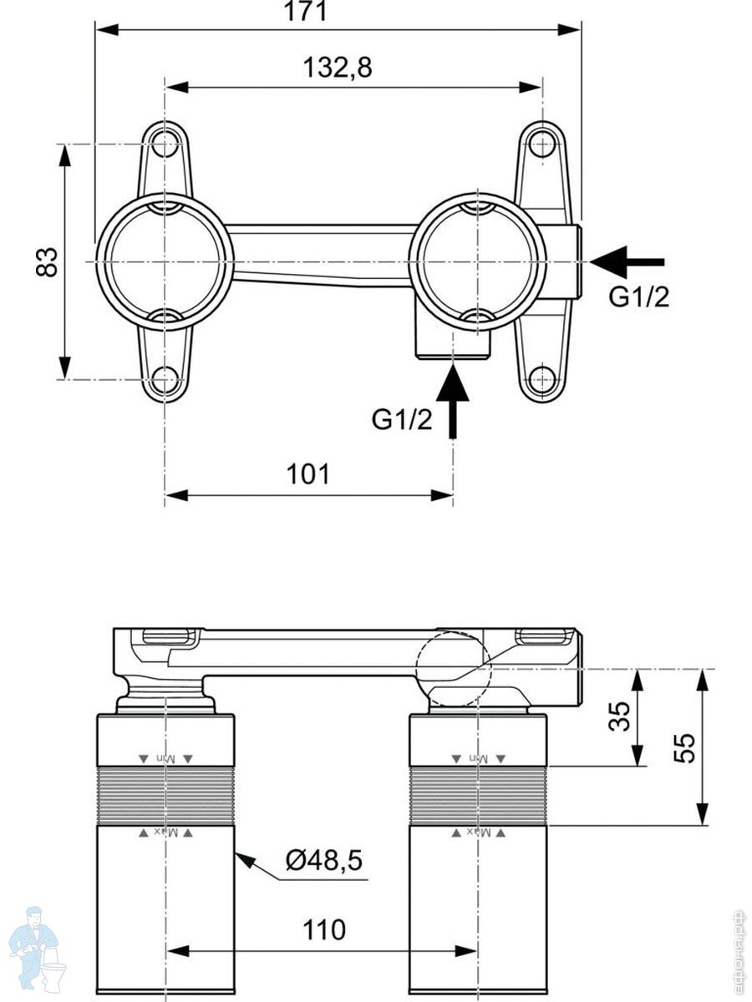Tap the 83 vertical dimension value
tap(48, 261)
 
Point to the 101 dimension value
tap(308, 475)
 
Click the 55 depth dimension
tap(683, 747)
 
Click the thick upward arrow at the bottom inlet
tap(453, 401)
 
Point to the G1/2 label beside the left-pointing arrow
tap(638, 297)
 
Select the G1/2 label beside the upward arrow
tap(402, 419)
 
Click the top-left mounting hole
tap(166, 143)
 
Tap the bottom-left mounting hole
tap(166, 380)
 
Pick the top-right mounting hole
tap(542, 144)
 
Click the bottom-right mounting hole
tap(542, 380)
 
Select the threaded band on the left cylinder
tap(166, 796)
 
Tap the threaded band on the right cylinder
tap(478, 796)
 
